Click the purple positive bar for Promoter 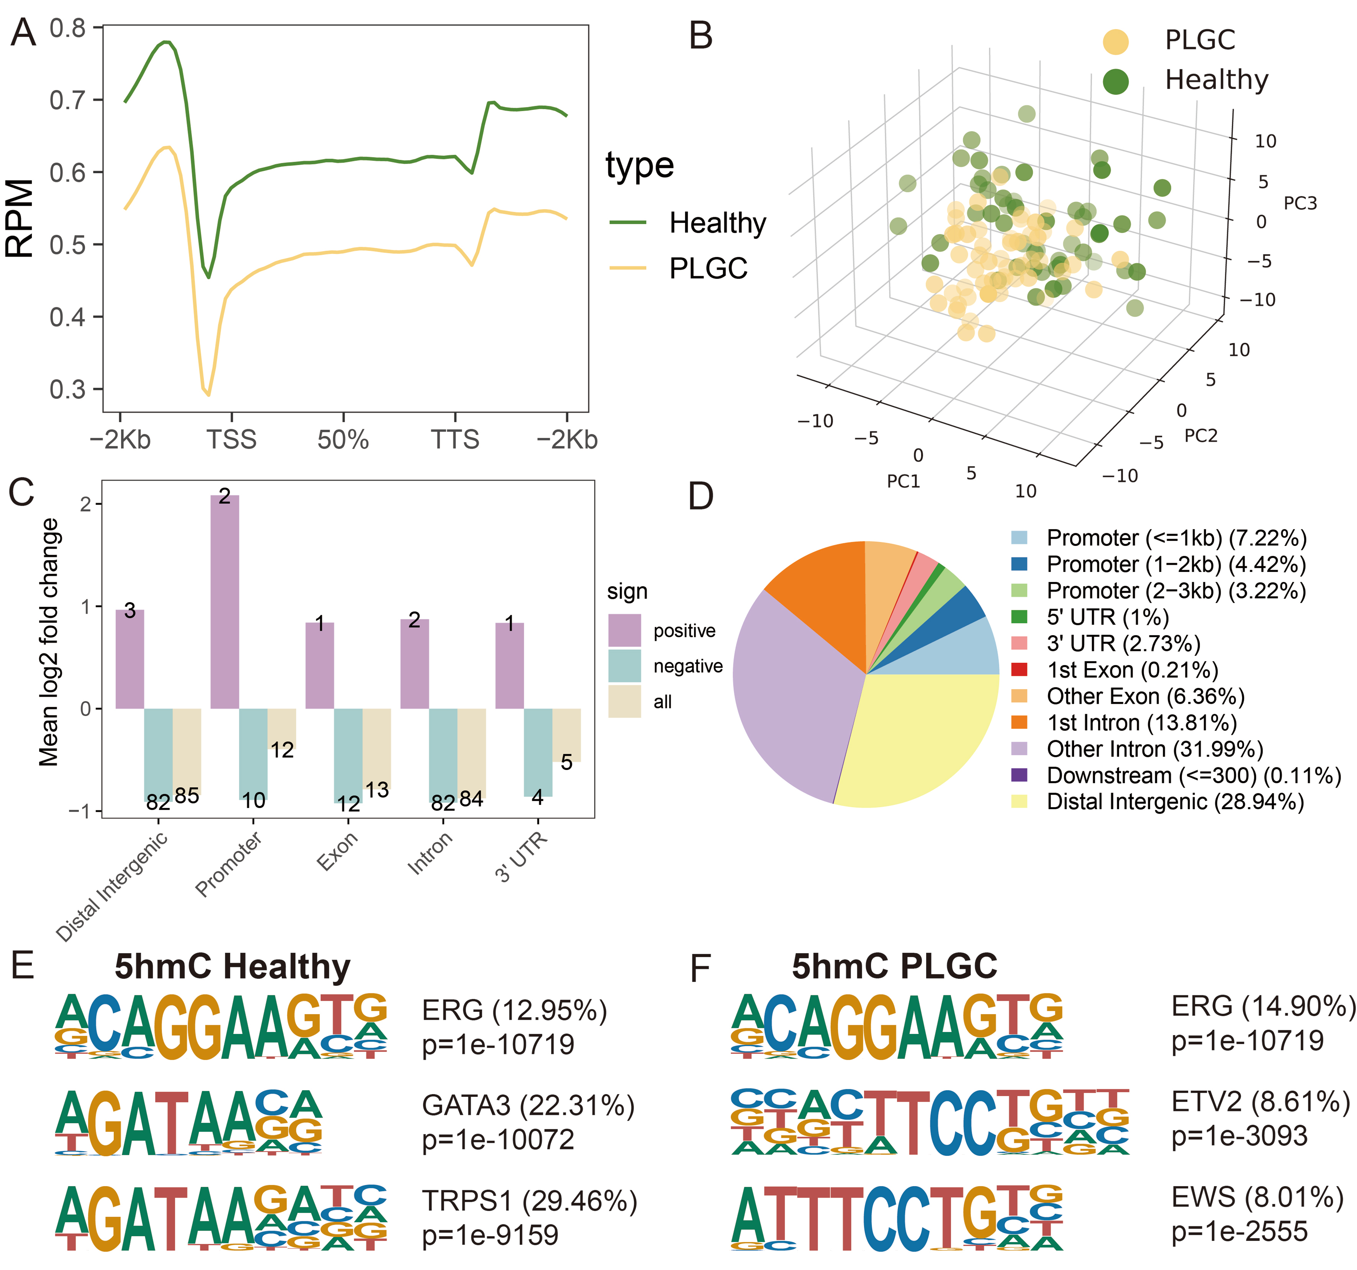click(x=224, y=601)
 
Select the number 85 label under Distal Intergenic click(x=187, y=795)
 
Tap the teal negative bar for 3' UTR click(x=538, y=751)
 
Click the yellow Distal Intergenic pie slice click(x=922, y=737)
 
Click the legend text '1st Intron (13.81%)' click(x=1141, y=723)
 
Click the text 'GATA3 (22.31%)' click(x=528, y=1105)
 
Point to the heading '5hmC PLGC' click(x=894, y=966)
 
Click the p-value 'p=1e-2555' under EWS click(x=1239, y=1231)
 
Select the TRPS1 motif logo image click(x=221, y=1218)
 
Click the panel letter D click(x=701, y=497)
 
